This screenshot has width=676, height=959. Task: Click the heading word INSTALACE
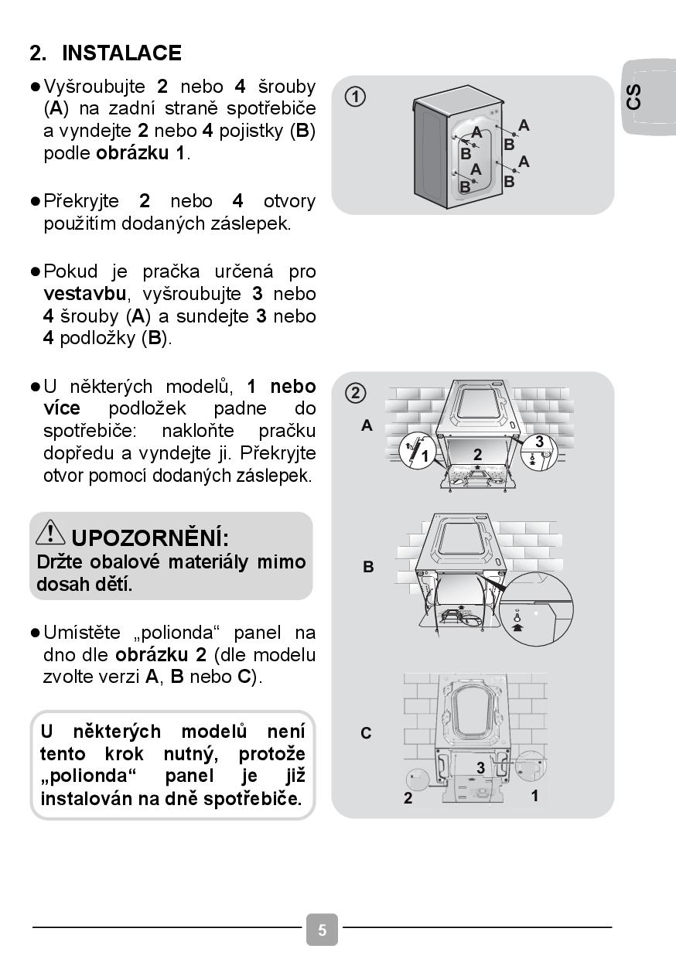point(121,53)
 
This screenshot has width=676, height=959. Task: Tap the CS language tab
point(633,97)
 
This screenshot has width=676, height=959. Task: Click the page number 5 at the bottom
point(322,930)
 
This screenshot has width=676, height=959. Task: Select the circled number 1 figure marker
point(355,97)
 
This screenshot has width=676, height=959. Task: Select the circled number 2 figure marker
point(355,392)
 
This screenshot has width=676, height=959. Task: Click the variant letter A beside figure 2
point(367,425)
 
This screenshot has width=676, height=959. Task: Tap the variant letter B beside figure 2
point(368,567)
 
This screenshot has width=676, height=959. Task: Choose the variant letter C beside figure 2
point(367,732)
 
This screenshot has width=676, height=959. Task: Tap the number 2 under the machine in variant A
point(477,455)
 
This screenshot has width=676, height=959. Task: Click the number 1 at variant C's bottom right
point(534,795)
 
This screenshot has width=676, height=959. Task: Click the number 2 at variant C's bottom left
point(408,799)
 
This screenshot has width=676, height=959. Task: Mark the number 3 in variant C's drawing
point(480,768)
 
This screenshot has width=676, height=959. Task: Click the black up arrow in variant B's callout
point(517,628)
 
